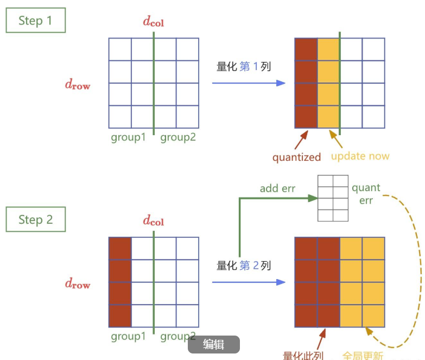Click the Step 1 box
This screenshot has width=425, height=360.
(x=35, y=21)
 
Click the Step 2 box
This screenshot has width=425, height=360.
(x=35, y=219)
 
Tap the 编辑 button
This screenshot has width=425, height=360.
(x=213, y=344)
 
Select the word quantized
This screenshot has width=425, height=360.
(x=296, y=157)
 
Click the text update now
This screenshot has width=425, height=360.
(x=360, y=156)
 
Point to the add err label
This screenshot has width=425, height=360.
(x=277, y=188)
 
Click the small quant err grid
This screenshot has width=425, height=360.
(x=333, y=198)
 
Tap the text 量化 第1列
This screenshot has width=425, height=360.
(x=243, y=67)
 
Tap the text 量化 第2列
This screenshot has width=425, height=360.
(x=243, y=266)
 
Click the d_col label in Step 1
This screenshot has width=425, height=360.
(x=153, y=22)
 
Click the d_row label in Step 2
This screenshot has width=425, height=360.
(x=78, y=283)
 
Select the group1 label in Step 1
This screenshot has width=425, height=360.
(x=128, y=137)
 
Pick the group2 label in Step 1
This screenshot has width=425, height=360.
(x=178, y=137)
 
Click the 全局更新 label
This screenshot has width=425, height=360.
(x=363, y=356)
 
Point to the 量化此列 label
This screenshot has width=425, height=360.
(x=303, y=356)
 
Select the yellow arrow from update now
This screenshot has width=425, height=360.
(x=337, y=141)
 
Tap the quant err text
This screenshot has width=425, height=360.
(x=366, y=194)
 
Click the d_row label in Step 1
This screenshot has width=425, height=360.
(x=78, y=84)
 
